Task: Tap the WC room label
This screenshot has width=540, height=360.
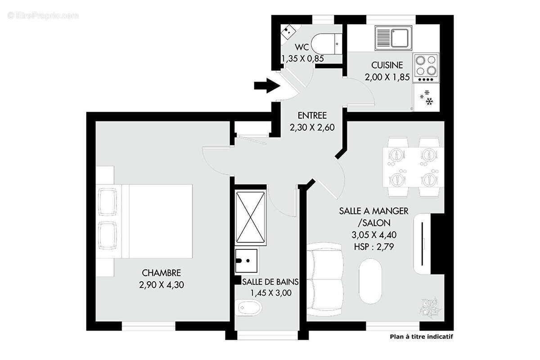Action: click(x=302, y=47)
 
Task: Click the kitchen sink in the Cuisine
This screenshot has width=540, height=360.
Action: click(x=393, y=37)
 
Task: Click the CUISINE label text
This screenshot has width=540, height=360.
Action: click(x=387, y=65)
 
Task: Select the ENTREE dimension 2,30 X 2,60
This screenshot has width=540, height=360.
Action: click(x=312, y=127)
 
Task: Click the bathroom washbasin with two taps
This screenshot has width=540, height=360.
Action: click(x=246, y=261)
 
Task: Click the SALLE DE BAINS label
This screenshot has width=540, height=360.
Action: click(x=270, y=282)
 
